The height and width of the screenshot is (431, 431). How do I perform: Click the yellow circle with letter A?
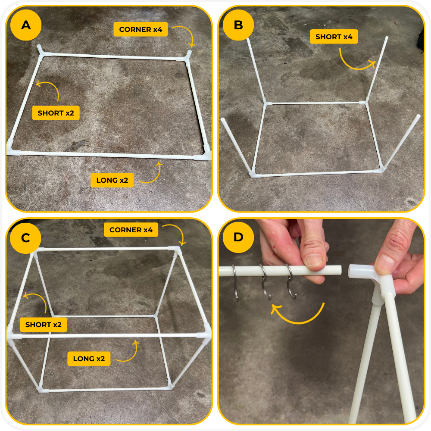click(26, 25)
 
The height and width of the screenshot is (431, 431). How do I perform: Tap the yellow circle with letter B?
click(238, 25)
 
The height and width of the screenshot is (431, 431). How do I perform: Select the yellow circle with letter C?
click(25, 238)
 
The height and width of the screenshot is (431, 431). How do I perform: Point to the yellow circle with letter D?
click(238, 237)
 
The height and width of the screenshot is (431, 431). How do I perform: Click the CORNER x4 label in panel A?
click(141, 29)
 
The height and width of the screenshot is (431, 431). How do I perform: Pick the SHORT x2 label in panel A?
click(56, 113)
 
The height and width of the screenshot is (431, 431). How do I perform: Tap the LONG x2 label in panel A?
click(112, 180)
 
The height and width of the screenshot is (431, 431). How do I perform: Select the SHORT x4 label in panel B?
click(334, 37)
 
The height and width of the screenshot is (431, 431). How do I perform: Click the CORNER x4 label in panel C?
click(131, 230)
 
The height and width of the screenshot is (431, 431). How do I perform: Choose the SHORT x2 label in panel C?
click(44, 325)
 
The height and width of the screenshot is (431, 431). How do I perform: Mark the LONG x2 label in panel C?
click(89, 359)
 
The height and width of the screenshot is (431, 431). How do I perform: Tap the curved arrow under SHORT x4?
click(355, 67)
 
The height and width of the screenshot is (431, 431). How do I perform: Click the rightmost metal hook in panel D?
click(291, 282)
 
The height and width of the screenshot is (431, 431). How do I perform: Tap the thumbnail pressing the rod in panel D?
click(315, 261)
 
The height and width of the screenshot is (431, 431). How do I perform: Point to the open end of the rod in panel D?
click(340, 270)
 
